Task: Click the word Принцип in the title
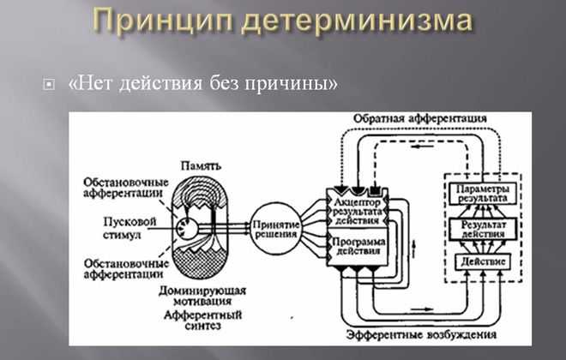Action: click(164, 21)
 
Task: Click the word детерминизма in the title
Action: click(357, 21)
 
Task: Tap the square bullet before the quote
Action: click(49, 85)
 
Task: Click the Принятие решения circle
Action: click(276, 229)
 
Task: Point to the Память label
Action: click(201, 166)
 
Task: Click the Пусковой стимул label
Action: click(129, 228)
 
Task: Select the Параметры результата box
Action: click(483, 194)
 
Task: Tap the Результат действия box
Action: click(483, 230)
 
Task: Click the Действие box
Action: click(483, 261)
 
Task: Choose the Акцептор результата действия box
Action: click(358, 212)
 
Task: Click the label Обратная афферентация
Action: click(420, 118)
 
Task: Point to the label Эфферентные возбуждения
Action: click(422, 334)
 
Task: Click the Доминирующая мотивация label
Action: click(202, 296)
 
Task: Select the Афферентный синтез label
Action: click(202, 321)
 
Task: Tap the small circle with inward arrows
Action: click(187, 229)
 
